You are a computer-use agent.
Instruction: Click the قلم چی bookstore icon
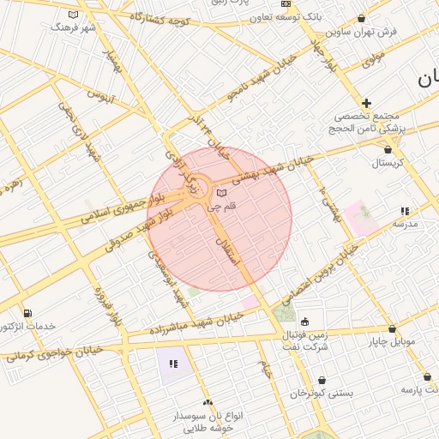point(222,193)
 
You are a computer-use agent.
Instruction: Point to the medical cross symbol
point(367,102)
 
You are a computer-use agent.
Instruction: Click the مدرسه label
point(404,223)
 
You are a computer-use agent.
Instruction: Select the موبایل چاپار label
point(392,341)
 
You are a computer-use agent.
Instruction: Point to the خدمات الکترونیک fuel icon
point(28,313)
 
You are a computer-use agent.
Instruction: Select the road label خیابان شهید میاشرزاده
point(196,323)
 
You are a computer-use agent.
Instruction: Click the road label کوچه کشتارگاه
point(159,19)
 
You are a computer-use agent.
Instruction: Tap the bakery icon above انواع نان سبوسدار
point(207,401)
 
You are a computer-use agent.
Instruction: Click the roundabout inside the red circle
point(196,195)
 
